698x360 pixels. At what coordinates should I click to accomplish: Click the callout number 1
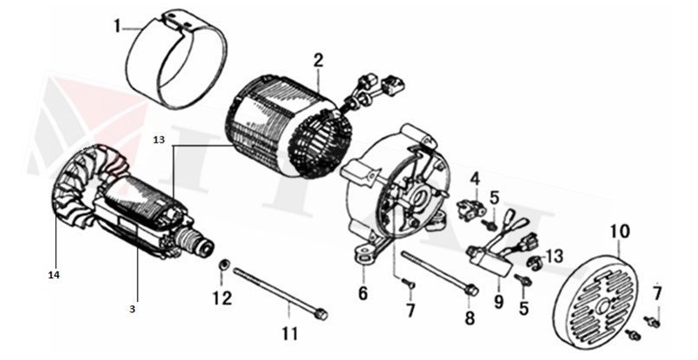117,26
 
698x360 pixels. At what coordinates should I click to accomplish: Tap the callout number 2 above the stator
318,61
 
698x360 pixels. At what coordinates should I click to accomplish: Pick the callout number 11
288,332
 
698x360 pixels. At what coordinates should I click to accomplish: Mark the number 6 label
364,293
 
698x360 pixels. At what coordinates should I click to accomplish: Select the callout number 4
475,179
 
